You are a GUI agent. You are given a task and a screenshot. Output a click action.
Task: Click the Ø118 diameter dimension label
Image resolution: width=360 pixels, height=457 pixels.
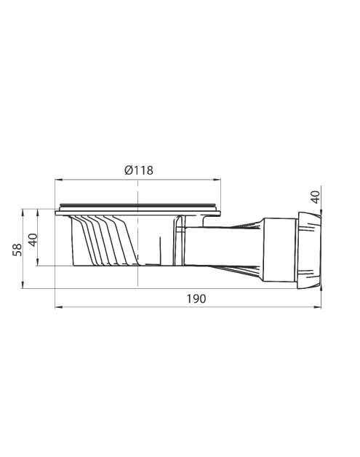(139, 170)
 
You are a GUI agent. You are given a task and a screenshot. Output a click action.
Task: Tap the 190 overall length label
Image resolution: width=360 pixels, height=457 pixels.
(196, 299)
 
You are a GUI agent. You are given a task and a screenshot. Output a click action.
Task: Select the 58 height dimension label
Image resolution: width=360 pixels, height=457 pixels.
(17, 250)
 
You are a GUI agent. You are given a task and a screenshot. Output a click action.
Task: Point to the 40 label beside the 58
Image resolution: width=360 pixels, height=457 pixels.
(33, 239)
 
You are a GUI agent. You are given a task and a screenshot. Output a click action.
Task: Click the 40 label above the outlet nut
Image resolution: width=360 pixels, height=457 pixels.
(315, 197)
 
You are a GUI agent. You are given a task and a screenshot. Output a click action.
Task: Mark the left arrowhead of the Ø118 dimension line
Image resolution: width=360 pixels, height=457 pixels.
(58, 180)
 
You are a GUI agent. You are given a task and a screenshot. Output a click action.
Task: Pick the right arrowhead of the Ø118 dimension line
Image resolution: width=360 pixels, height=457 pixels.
(217, 180)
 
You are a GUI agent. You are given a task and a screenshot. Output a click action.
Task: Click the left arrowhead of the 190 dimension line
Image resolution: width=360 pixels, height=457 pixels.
(58, 307)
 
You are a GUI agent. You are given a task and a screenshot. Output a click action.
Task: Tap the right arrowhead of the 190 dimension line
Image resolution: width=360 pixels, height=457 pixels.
(318, 307)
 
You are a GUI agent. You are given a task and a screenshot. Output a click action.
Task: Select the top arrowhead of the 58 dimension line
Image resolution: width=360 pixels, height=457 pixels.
(23, 212)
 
